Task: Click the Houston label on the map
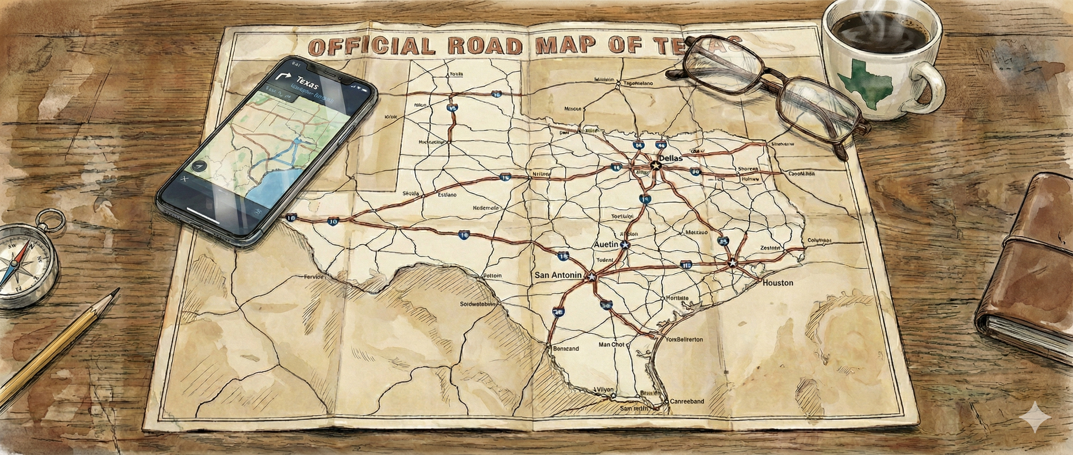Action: pos(778,283)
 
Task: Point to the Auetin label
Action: pos(606,245)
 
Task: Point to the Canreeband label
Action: pos(687,401)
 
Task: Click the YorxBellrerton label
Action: pos(683,339)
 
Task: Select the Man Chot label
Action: pos(611,344)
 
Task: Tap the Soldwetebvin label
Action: pos(478,304)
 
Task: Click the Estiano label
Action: pos(447,194)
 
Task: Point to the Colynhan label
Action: pos(819,240)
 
